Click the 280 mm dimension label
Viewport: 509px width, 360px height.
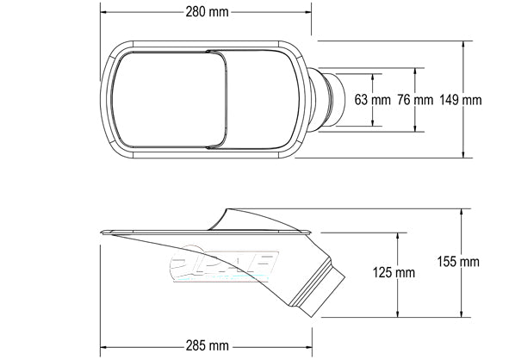[x=207, y=12]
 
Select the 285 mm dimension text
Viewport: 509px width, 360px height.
[x=207, y=345]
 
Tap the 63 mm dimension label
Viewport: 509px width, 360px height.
[x=372, y=100]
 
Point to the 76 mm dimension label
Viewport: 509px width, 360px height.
[x=415, y=100]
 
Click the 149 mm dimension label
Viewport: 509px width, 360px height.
[x=461, y=100]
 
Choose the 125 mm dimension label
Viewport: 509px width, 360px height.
[x=394, y=272]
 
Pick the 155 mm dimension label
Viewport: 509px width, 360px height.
[x=458, y=262]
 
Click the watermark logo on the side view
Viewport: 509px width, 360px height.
[x=224, y=264]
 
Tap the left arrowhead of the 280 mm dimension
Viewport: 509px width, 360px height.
[x=104, y=12]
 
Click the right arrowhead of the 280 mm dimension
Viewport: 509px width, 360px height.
[x=307, y=12]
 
